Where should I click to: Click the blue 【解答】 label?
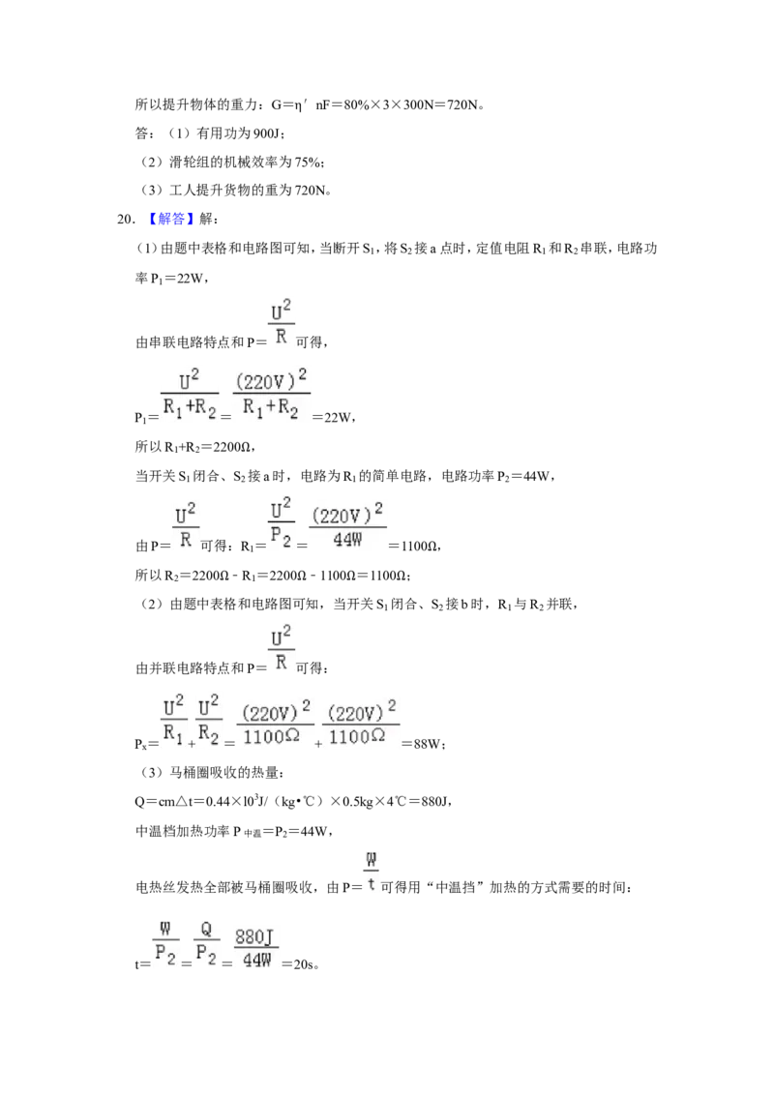pos(170,220)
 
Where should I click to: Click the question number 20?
pos(126,220)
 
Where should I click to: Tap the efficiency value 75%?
pos(308,162)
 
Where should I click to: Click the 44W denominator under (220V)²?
pos(347,539)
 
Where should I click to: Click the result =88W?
pos(424,744)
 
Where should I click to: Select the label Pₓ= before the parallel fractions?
pos(147,745)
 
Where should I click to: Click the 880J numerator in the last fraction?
pos(255,937)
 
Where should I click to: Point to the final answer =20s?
pos(299,964)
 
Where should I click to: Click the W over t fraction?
pos(371,873)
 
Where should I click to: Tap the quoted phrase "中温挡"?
pos(455,888)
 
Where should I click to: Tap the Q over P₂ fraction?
pos(206,943)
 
